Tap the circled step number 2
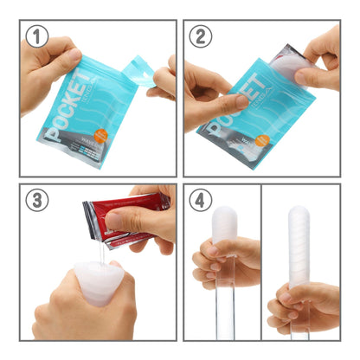pyautogui.click(x=200, y=36)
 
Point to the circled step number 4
pyautogui.click(x=200, y=199)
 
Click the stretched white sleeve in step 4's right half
pyautogui.click(x=300, y=247)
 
